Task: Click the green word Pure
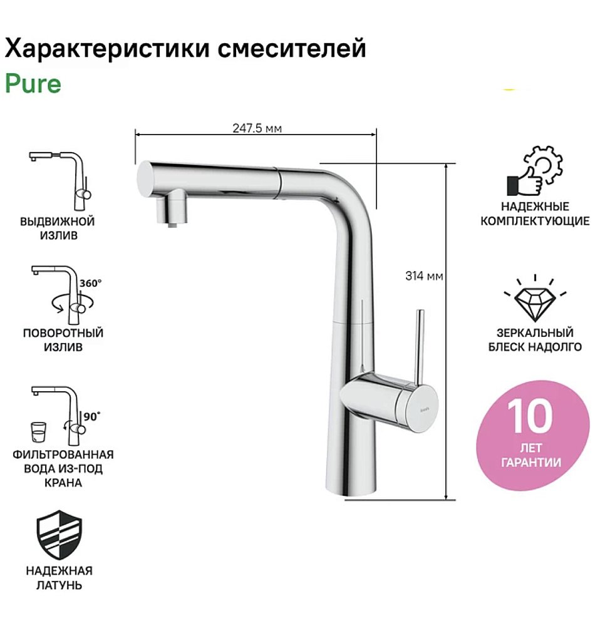(x=33, y=83)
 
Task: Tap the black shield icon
(x=59, y=535)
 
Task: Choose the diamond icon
(x=535, y=299)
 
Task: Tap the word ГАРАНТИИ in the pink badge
(x=531, y=464)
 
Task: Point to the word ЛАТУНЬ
(x=59, y=586)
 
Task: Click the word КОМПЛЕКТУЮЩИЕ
(x=535, y=221)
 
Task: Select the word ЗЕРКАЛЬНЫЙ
(x=535, y=333)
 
